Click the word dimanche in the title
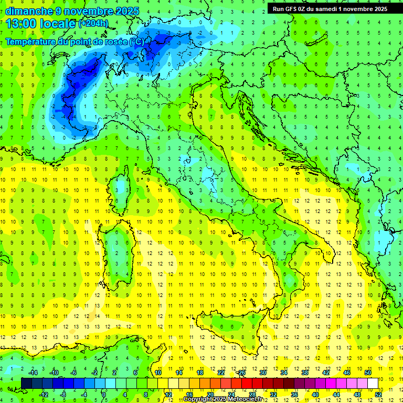pyautogui.click(x=26, y=11)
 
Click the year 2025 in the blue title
pyautogui.click(x=128, y=11)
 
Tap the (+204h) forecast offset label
pyautogui.click(x=93, y=23)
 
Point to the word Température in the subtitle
pyautogui.click(x=30, y=42)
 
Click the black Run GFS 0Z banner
pyautogui.click(x=327, y=8)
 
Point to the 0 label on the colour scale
pyautogui.click(x=104, y=395)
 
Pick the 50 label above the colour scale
pyautogui.click(x=368, y=373)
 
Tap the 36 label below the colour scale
pyautogui.click(x=294, y=395)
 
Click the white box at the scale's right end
pyautogui.click(x=373, y=383)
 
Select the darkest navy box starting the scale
pyautogui.click(x=26, y=383)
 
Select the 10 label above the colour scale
pyautogui.click(x=157, y=373)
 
